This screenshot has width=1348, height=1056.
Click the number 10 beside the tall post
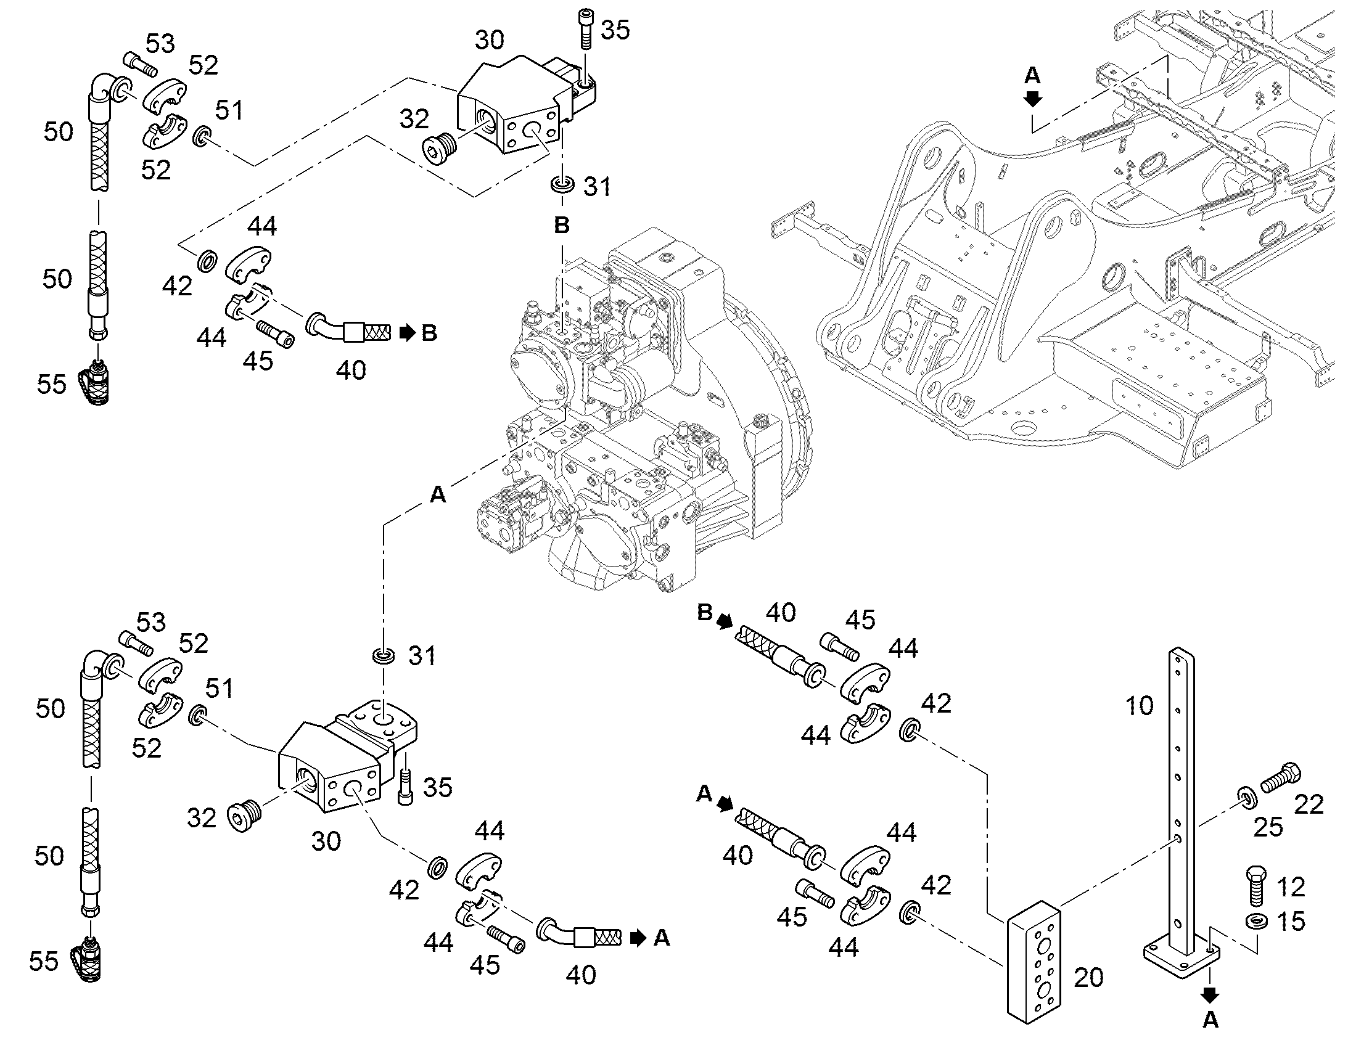point(1140,705)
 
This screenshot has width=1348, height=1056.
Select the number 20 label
point(1089,978)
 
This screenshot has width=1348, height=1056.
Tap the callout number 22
point(1309,804)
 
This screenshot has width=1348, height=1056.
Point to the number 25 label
point(1268,827)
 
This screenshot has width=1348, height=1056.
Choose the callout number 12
point(1291,887)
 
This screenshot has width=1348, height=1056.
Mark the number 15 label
point(1291,922)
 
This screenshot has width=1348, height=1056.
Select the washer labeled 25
point(1246,798)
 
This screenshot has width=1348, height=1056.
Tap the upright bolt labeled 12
point(1257,885)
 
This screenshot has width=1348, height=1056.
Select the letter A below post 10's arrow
point(1210,1021)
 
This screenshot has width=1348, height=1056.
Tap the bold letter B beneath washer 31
point(561,225)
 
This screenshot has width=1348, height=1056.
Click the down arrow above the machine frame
point(1033,98)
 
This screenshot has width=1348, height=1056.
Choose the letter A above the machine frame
point(1033,75)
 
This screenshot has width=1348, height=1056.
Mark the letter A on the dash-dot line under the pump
point(438,494)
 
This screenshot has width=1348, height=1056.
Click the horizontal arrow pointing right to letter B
point(408,334)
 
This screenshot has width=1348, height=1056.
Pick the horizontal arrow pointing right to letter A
point(639,938)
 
